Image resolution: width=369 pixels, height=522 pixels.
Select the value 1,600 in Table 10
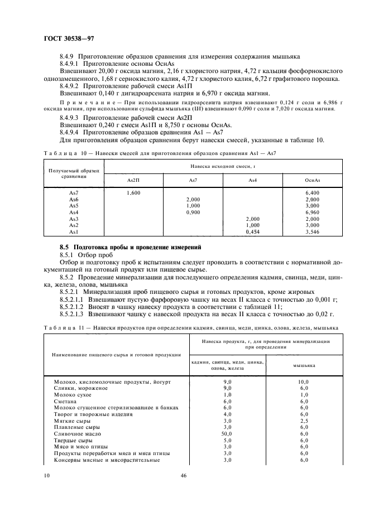pyautogui.click(x=133, y=192)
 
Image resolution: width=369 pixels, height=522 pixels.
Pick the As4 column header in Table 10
pyautogui.click(x=252, y=180)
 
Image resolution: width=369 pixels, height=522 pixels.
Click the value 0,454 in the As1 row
pyautogui.click(x=252, y=231)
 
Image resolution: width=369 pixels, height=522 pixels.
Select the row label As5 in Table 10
pyautogui.click(x=74, y=206)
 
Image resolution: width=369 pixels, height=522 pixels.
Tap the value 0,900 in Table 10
pyautogui.click(x=193, y=212)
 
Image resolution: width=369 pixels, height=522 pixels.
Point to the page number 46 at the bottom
pyautogui.click(x=184, y=476)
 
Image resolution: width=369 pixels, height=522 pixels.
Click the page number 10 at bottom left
pyautogui.click(x=47, y=476)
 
